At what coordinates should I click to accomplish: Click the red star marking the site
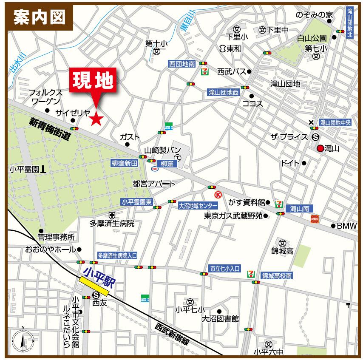[x=96, y=119]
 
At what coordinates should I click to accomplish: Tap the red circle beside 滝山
[x=320, y=148]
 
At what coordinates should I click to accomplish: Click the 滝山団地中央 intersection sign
[x=336, y=123]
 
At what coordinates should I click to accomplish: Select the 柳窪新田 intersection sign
[x=125, y=163]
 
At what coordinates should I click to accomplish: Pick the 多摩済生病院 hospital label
[x=112, y=223]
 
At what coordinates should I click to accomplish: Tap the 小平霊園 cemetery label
[x=24, y=169]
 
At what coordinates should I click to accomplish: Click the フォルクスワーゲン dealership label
[x=45, y=97]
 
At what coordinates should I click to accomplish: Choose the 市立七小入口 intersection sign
[x=225, y=269]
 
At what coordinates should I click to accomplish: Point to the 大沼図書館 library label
[x=220, y=319]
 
